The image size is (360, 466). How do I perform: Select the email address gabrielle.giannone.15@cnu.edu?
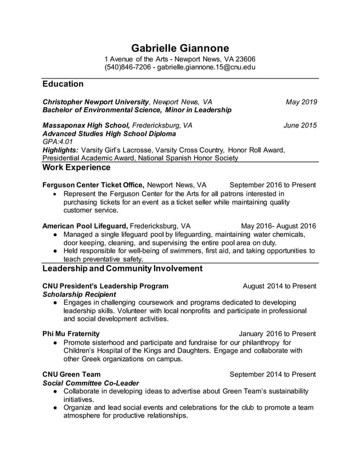[x=206, y=67]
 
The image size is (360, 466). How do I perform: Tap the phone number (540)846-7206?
[x=127, y=67]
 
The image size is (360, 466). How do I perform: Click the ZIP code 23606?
[x=245, y=59]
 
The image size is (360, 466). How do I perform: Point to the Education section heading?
[x=63, y=84]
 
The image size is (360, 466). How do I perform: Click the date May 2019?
[x=301, y=102]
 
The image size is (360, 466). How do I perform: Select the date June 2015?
[x=300, y=125]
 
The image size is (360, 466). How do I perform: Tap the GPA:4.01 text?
[x=58, y=142]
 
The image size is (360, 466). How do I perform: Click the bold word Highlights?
[x=60, y=150]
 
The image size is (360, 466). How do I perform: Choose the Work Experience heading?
[x=76, y=168]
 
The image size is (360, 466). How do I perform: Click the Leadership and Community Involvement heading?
[x=122, y=269]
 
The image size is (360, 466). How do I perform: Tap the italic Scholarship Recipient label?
[x=80, y=294]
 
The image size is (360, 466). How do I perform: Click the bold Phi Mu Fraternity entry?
[x=71, y=333]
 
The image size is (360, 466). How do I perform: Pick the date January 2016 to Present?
[x=277, y=333]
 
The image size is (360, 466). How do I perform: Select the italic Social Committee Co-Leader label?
[x=91, y=383]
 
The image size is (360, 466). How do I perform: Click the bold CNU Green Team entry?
[x=72, y=374]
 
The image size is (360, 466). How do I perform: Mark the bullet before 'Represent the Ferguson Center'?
[x=54, y=194]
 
